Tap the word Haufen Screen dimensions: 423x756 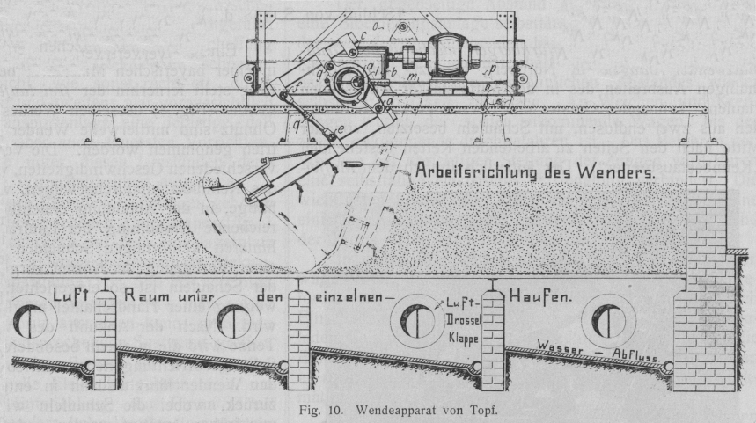(539, 296)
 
